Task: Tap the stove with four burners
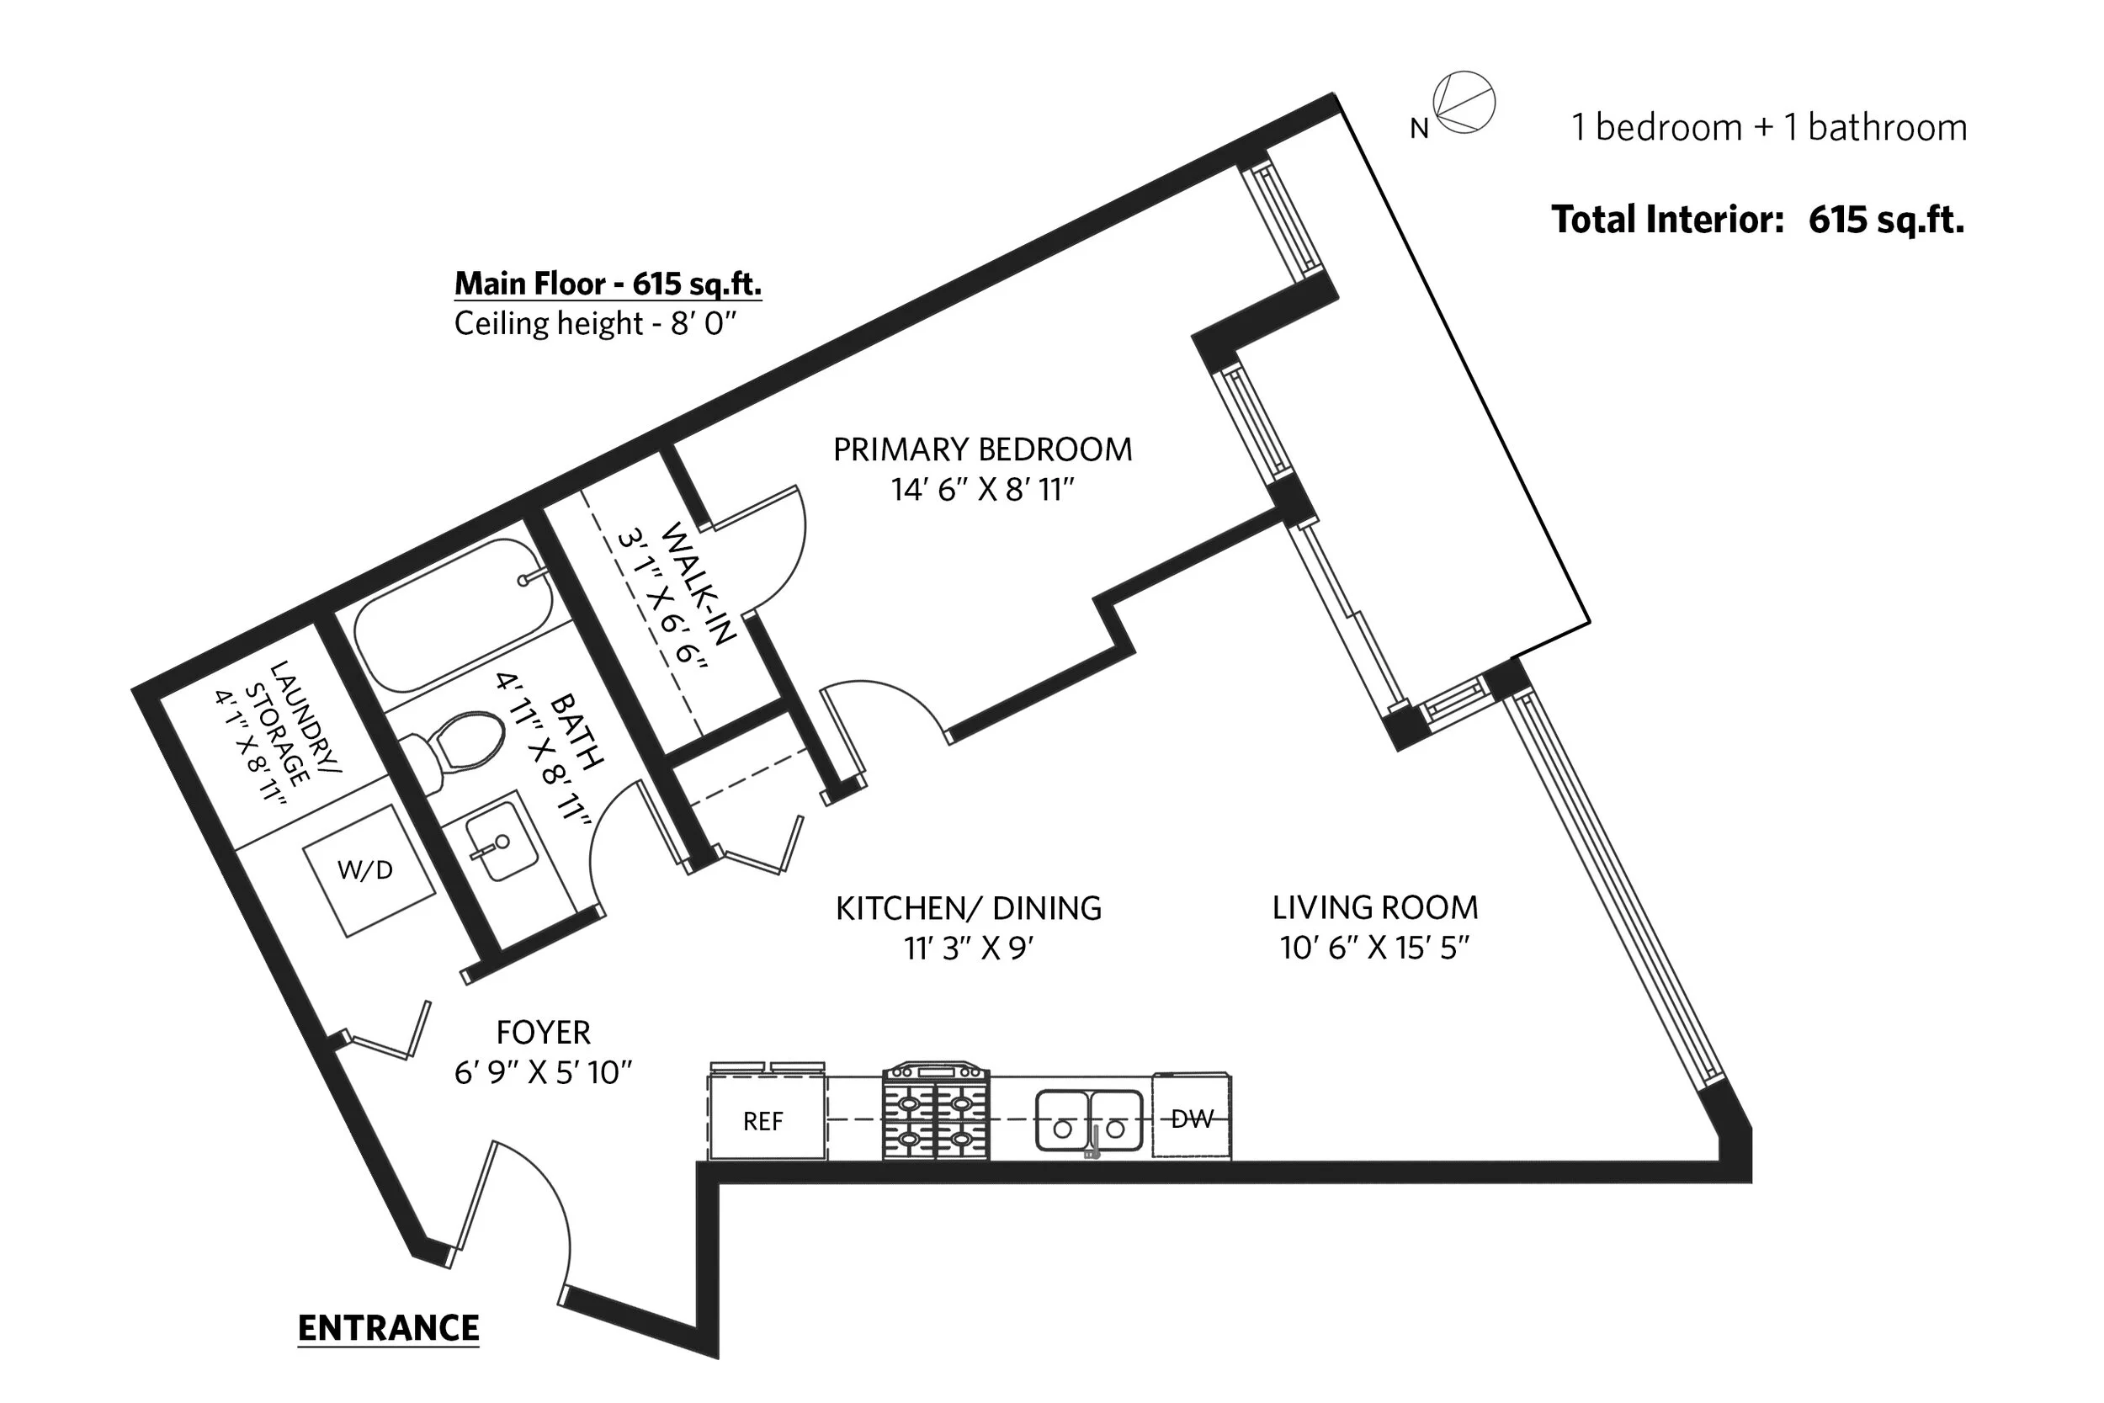936,1111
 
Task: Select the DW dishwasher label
1193,1119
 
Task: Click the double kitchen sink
1089,1120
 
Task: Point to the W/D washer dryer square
369,870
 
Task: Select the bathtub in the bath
454,614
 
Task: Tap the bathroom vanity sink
501,841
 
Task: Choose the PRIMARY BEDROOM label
982,449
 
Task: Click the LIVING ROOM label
1375,907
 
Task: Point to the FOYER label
543,1033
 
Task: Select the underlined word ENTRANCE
388,1328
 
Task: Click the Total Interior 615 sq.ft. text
1758,219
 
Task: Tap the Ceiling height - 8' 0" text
595,323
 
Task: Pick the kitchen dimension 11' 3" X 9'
969,948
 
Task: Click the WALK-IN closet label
699,583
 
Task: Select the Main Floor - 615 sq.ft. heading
608,283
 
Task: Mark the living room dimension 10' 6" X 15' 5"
1375,948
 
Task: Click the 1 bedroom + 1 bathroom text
1769,128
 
